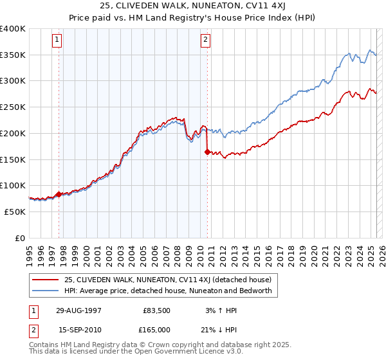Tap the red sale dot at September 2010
(207, 152)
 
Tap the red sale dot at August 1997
(59, 194)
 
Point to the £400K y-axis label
(13, 29)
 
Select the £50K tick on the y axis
(15, 212)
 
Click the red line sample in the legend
(45, 280)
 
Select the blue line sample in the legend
(45, 291)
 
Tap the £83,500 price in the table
(156, 310)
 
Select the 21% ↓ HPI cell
(221, 330)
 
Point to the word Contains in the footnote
(44, 346)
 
